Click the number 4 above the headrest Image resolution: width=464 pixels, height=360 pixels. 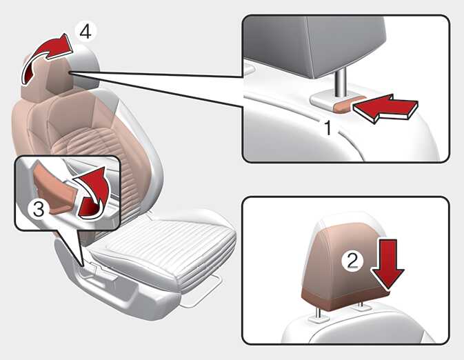85,32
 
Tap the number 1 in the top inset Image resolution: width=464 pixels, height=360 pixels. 328,128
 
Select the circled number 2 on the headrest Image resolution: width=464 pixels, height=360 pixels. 352,261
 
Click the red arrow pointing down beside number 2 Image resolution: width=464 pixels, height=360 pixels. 388,263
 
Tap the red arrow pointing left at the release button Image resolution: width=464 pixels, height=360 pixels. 385,108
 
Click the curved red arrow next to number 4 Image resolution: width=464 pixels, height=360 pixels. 44,56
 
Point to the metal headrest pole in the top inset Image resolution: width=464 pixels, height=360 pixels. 341,82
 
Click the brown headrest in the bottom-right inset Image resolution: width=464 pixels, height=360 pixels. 344,266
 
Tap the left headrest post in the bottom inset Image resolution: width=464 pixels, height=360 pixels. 319,314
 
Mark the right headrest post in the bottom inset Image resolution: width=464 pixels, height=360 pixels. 361,305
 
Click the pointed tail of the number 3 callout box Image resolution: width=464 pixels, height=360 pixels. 83,264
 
